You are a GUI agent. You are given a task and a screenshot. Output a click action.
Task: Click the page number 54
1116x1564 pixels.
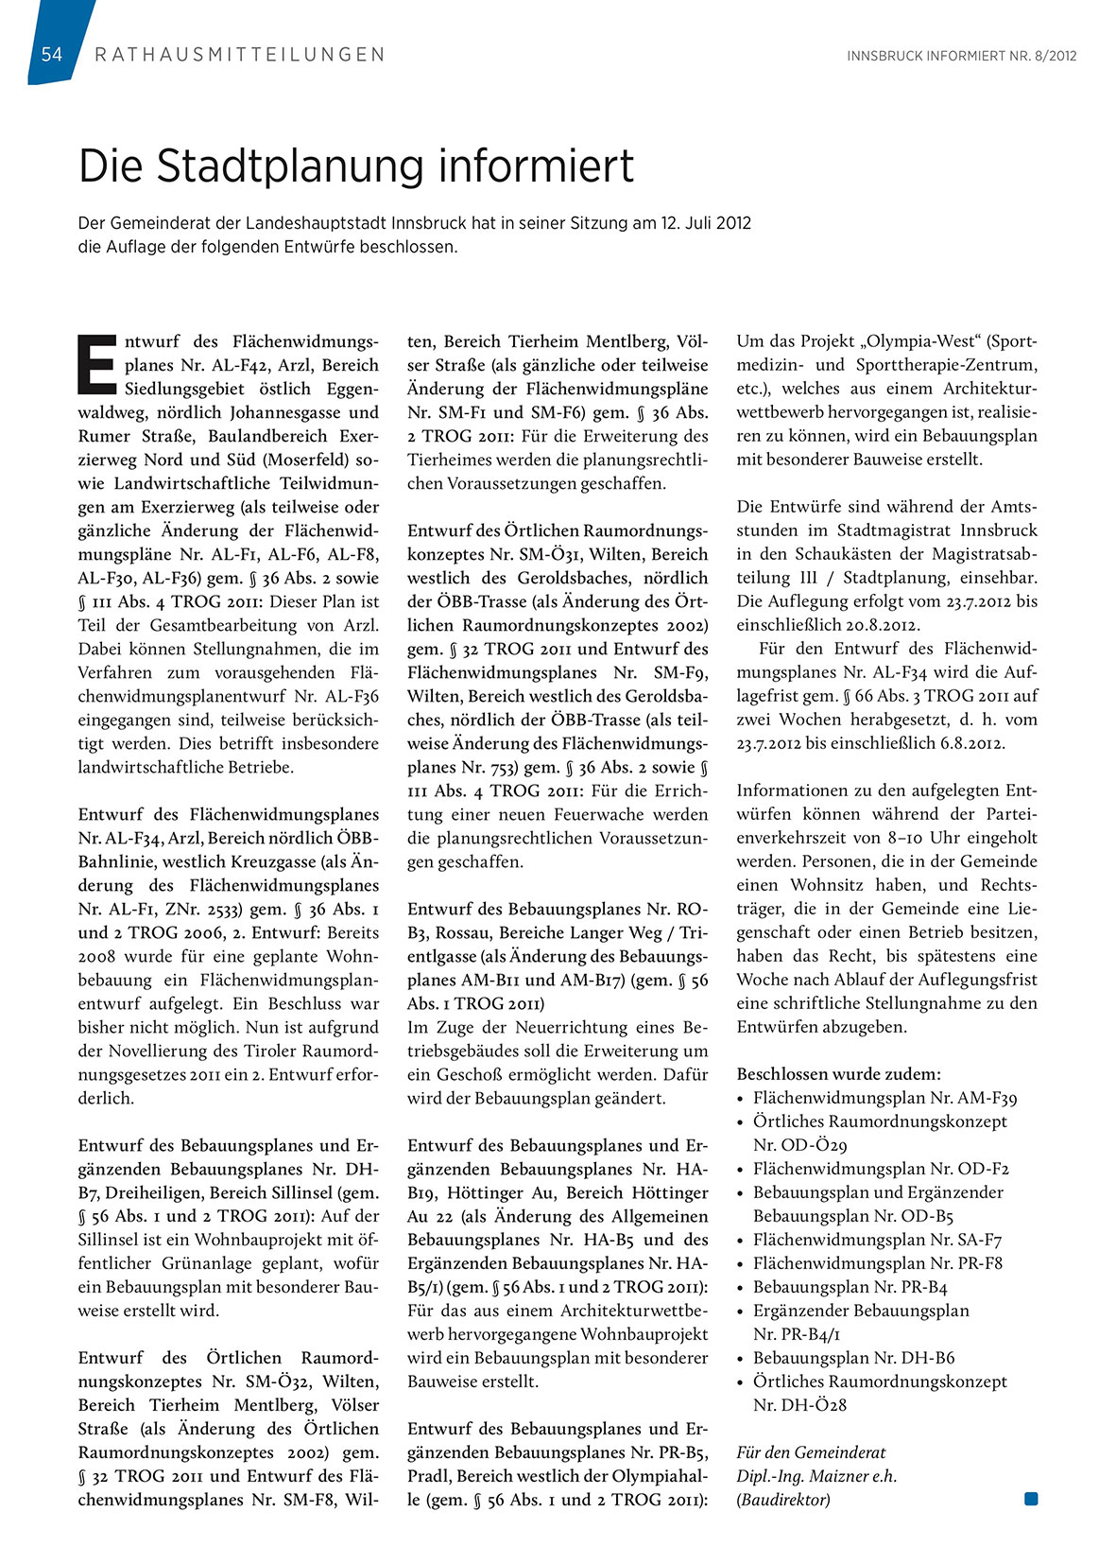pos(52,55)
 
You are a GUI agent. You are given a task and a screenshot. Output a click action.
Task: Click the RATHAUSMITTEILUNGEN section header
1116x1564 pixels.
pos(240,55)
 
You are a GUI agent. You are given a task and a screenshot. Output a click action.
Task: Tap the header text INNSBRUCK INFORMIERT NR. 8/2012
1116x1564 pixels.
pos(961,56)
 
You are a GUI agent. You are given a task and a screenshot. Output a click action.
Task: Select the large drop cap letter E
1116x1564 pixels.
pos(96,362)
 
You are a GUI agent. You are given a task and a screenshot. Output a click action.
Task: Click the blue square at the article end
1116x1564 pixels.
pos(1031,1499)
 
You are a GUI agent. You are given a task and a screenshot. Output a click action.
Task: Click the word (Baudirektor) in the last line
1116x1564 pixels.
pos(783,1500)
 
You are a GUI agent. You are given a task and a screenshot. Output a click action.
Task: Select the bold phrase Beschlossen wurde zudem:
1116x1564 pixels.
pos(838,1074)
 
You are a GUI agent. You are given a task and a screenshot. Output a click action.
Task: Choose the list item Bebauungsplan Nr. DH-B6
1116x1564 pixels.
pos(853,1358)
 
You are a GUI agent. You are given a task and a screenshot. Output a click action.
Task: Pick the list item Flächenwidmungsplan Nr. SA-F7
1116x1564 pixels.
pos(877,1240)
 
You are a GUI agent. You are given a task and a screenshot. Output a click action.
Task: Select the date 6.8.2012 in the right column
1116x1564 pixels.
pos(972,743)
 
